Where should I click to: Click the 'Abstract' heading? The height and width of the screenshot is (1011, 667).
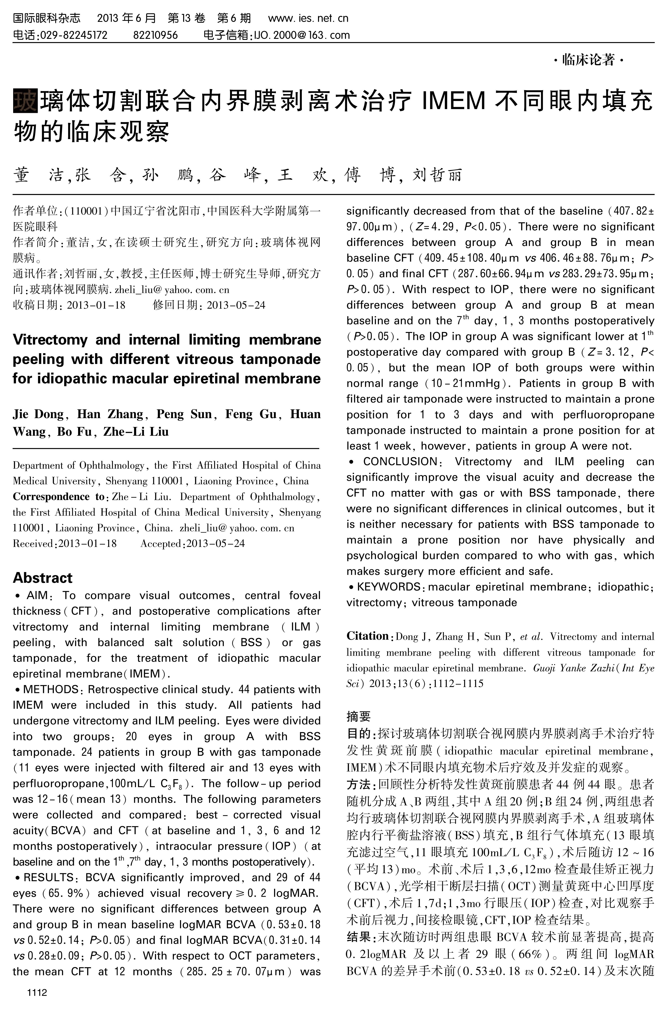coord(42,578)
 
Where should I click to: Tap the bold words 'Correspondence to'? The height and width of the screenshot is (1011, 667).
coord(58,497)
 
